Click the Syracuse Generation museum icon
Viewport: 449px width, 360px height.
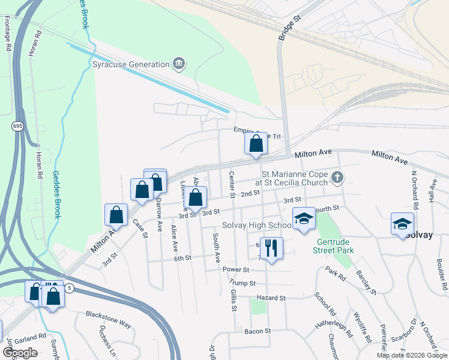pos(178,64)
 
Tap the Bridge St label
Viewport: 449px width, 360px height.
pos(289,29)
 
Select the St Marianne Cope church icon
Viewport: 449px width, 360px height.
pos(337,178)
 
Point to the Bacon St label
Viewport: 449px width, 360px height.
pos(258,331)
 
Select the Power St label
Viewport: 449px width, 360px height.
pos(235,270)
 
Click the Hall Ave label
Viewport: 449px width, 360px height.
pos(432,190)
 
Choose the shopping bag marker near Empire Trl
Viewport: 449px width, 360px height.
pos(256,143)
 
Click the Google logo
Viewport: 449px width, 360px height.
pos(20,353)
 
